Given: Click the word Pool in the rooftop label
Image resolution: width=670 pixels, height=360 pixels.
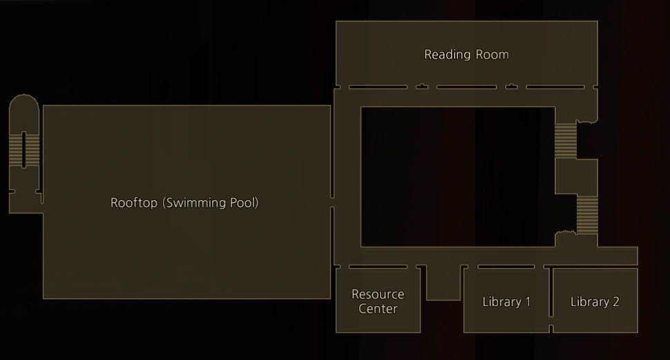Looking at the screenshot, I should (245, 203).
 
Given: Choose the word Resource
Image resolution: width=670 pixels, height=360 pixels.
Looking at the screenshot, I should (378, 294).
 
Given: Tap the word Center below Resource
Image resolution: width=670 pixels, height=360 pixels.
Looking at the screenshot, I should (378, 309).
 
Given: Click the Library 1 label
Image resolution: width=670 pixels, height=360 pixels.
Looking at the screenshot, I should (506, 302).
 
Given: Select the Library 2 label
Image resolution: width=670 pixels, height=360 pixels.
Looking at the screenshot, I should (595, 302).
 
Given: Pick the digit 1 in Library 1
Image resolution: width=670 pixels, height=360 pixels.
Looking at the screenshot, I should (528, 302).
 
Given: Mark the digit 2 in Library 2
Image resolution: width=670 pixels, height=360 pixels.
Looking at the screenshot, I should (615, 302).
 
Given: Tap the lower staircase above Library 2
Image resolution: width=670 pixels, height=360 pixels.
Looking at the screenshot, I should (587, 215).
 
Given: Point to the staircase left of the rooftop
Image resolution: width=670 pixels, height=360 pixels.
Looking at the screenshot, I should (25, 149).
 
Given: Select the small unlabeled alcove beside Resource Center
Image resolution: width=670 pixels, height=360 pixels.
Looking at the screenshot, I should (443, 283).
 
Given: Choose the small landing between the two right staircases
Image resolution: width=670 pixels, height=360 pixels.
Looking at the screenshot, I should (576, 176).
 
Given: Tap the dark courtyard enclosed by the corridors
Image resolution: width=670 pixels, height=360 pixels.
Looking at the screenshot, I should (457, 176).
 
